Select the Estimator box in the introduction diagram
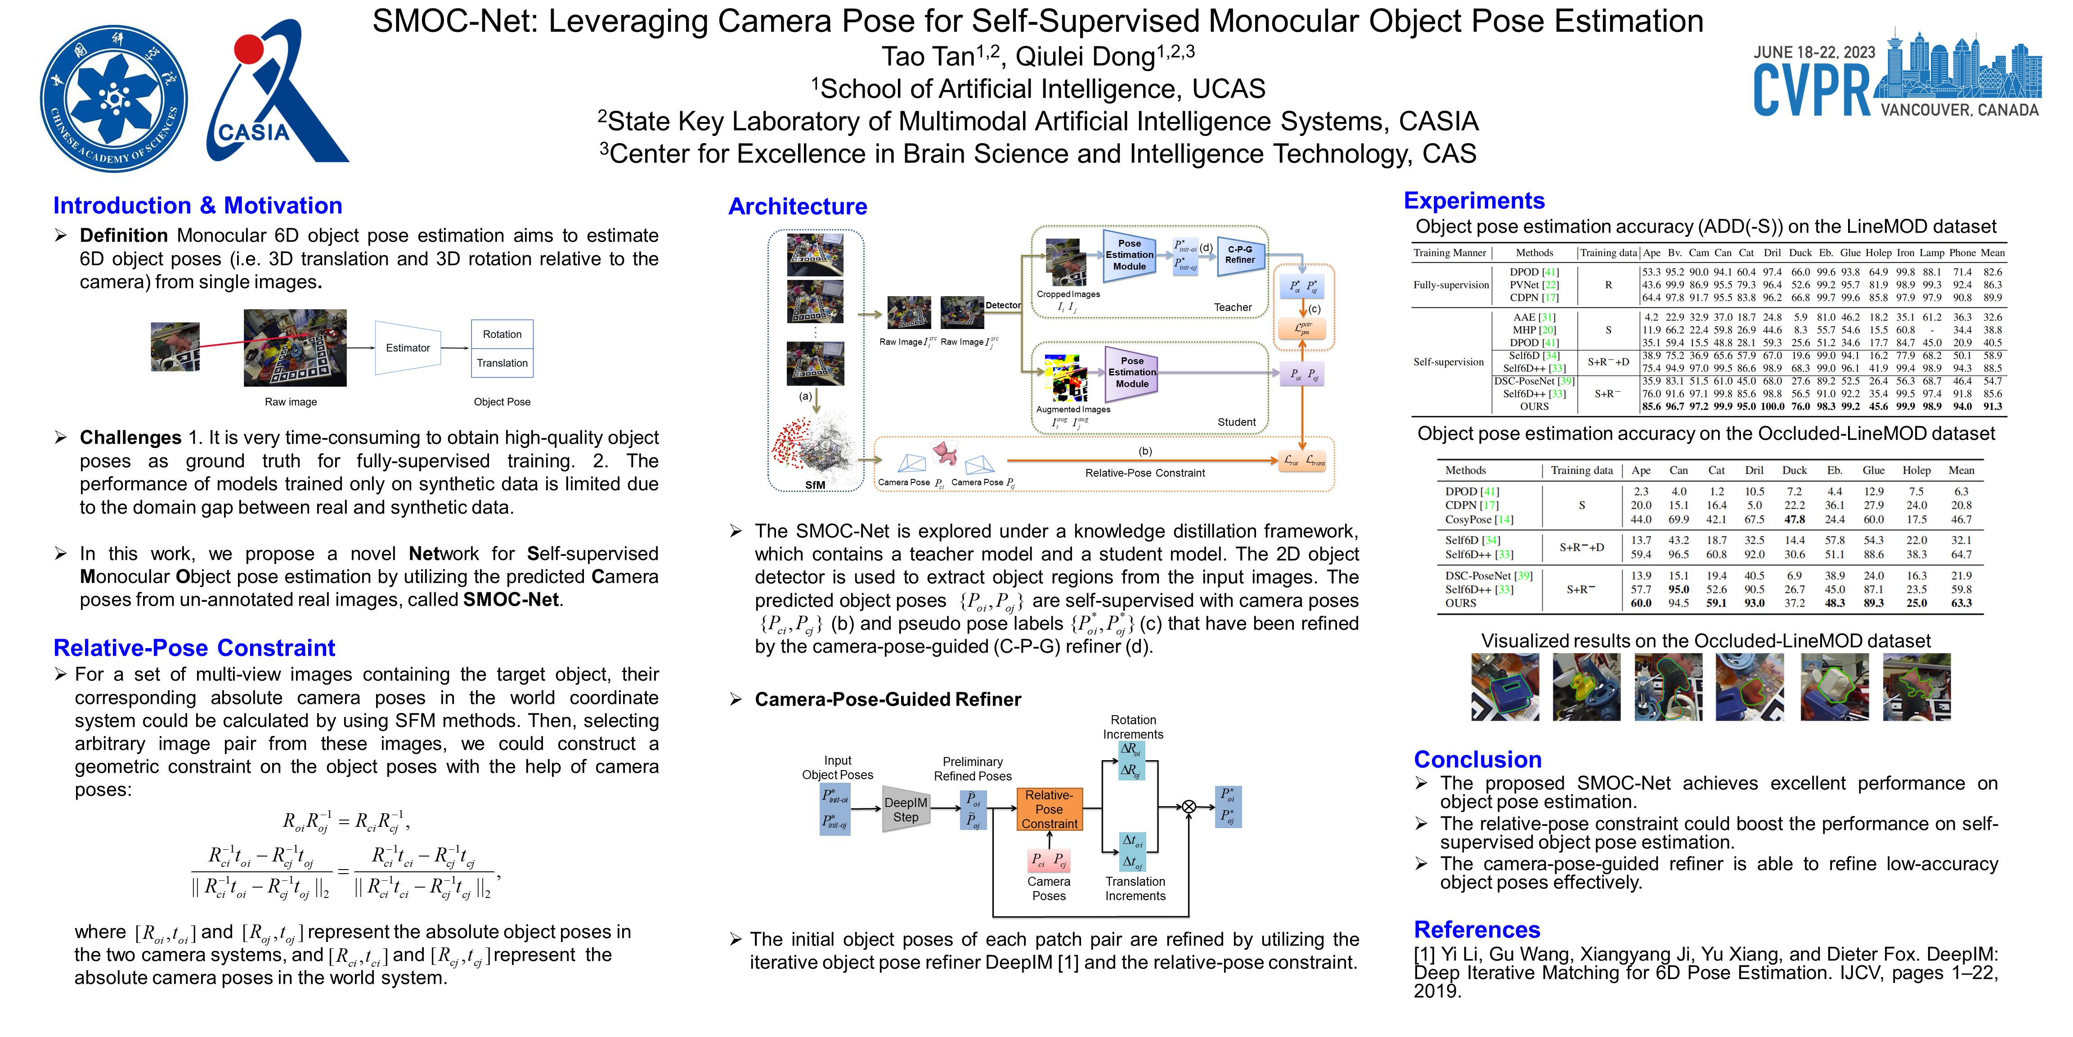[408, 348]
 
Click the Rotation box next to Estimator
[502, 334]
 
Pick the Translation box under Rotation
[502, 363]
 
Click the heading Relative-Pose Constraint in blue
[194, 648]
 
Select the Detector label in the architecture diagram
[1003, 305]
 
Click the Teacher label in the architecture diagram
[1232, 307]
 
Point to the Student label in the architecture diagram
[1236, 422]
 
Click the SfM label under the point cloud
[815, 485]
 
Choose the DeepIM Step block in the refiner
[905, 809]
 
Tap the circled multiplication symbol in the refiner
[1189, 807]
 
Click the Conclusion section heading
[1477, 759]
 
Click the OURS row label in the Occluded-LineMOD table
[1461, 603]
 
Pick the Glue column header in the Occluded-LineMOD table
[1873, 470]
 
